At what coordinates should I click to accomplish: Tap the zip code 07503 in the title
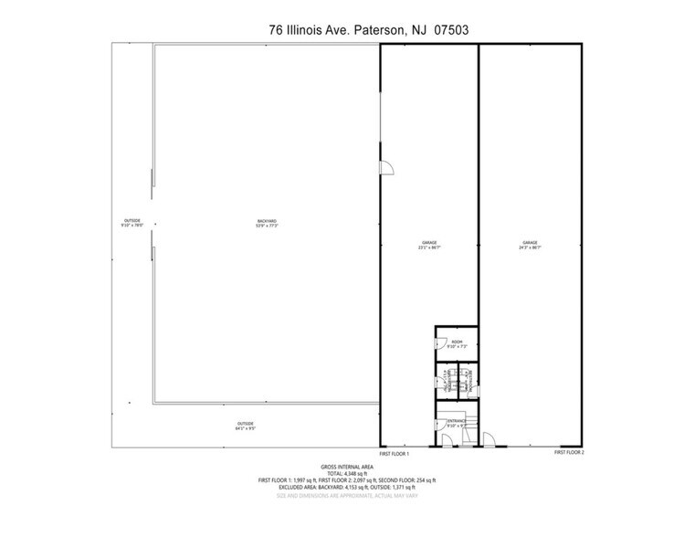(448, 30)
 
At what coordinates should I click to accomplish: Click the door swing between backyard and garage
(386, 168)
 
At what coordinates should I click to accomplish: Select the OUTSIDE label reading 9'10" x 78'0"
(133, 224)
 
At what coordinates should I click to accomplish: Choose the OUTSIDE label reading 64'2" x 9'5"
(246, 426)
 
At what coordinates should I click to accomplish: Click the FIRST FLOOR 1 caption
(395, 454)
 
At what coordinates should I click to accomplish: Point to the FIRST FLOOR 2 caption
(569, 453)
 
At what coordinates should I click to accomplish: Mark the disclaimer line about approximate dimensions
(347, 496)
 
